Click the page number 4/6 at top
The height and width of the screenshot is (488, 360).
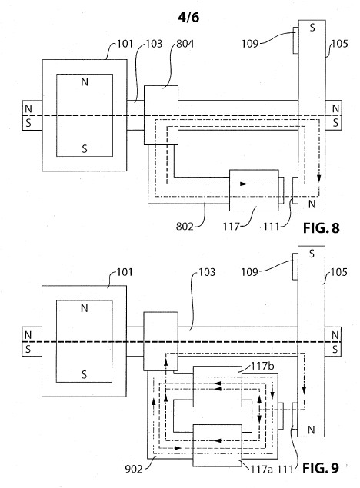(x=188, y=17)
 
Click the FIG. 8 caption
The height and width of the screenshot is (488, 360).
(x=321, y=228)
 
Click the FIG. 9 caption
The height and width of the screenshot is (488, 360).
(x=321, y=468)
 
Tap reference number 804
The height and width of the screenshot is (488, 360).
(x=185, y=44)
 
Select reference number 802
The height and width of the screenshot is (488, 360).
(x=185, y=226)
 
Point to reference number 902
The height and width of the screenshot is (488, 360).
(x=134, y=469)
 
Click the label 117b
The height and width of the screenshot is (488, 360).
(x=262, y=366)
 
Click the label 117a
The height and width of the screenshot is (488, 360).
(x=262, y=469)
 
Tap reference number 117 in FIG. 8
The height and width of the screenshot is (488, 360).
(x=231, y=226)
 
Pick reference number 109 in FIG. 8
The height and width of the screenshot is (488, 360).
(x=250, y=44)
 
